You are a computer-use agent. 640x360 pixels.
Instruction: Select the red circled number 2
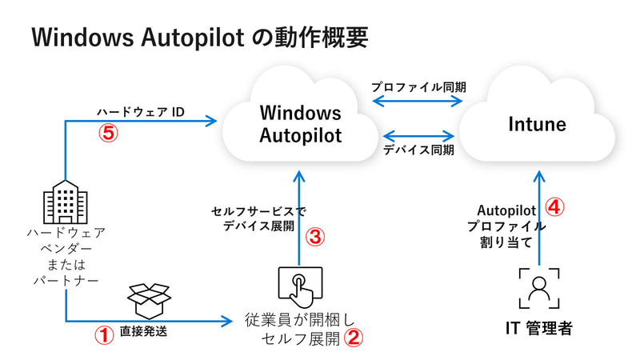pos(353,338)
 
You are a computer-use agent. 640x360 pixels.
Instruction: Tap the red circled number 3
pos(315,237)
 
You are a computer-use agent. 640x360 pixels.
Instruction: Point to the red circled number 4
pos(555,206)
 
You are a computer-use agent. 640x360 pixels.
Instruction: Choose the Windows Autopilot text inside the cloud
pos(300,124)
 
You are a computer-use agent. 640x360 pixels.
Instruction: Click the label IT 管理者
pos(539,329)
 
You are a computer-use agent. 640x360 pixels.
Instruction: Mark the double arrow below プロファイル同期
pos(419,102)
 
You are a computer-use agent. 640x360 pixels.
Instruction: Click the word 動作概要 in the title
pos(318,38)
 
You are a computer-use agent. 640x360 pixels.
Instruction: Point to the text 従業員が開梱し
pos(293,321)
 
